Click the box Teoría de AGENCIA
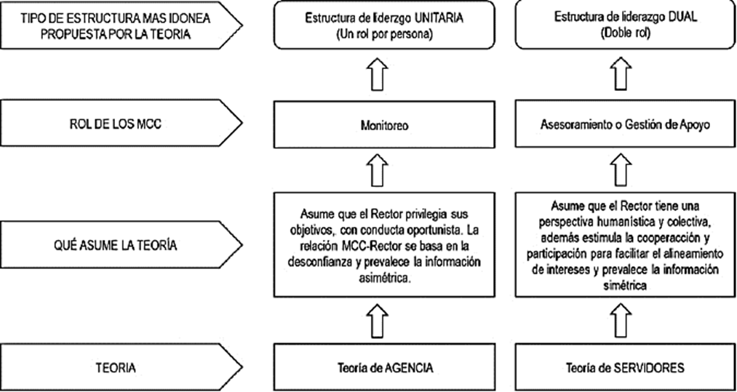coord(386,368)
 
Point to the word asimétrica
coord(386,278)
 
